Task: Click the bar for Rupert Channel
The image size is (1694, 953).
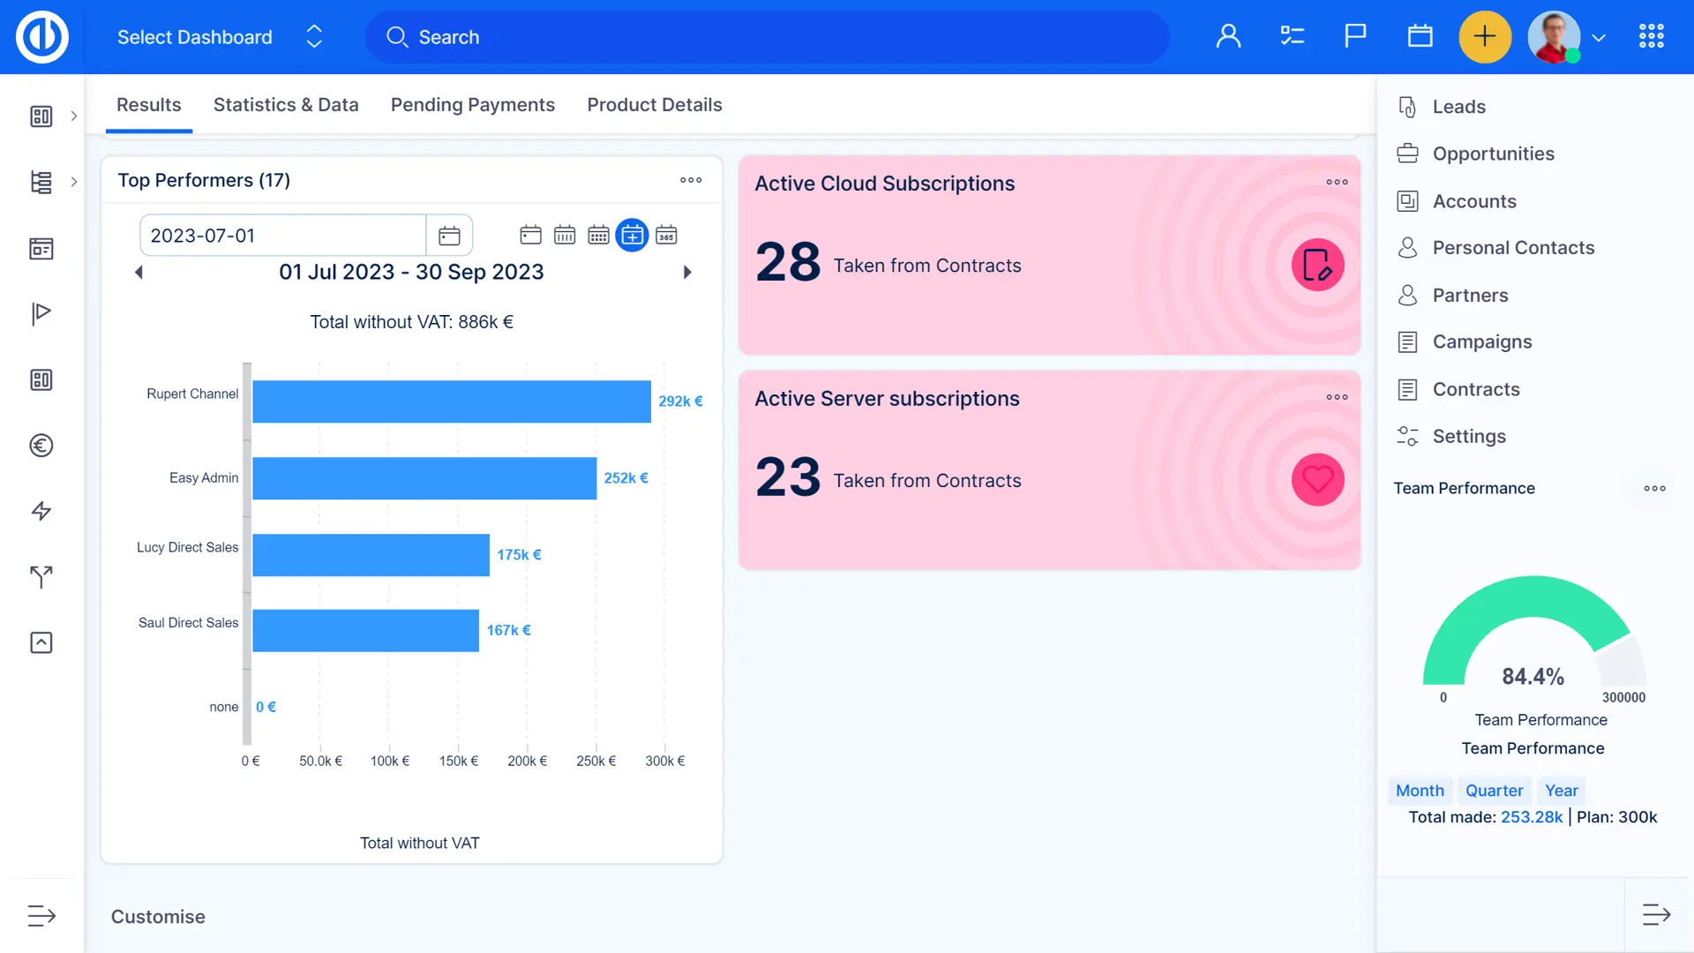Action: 451,401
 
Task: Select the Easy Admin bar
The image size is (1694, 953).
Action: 424,478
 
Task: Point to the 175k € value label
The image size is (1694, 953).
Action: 519,555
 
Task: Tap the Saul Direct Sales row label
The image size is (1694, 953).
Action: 188,623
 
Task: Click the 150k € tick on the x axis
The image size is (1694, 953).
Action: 459,761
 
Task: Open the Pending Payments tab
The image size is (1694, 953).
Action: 472,105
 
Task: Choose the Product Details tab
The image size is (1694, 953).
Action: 654,105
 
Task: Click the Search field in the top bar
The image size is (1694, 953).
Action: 768,37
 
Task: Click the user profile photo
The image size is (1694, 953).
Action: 1554,37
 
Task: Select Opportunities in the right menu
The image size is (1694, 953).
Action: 1493,154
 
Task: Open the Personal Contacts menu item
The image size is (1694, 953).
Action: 1513,248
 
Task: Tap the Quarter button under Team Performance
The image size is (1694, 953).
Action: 1494,791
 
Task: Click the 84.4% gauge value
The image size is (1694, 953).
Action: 1533,677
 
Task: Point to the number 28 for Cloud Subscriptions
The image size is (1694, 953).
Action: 788,262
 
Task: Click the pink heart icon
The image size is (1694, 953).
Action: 1317,480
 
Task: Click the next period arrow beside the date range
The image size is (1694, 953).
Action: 687,273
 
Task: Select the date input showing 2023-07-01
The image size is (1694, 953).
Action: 282,236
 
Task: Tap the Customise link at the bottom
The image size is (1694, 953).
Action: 158,917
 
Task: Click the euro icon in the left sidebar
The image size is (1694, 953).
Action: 41,446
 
